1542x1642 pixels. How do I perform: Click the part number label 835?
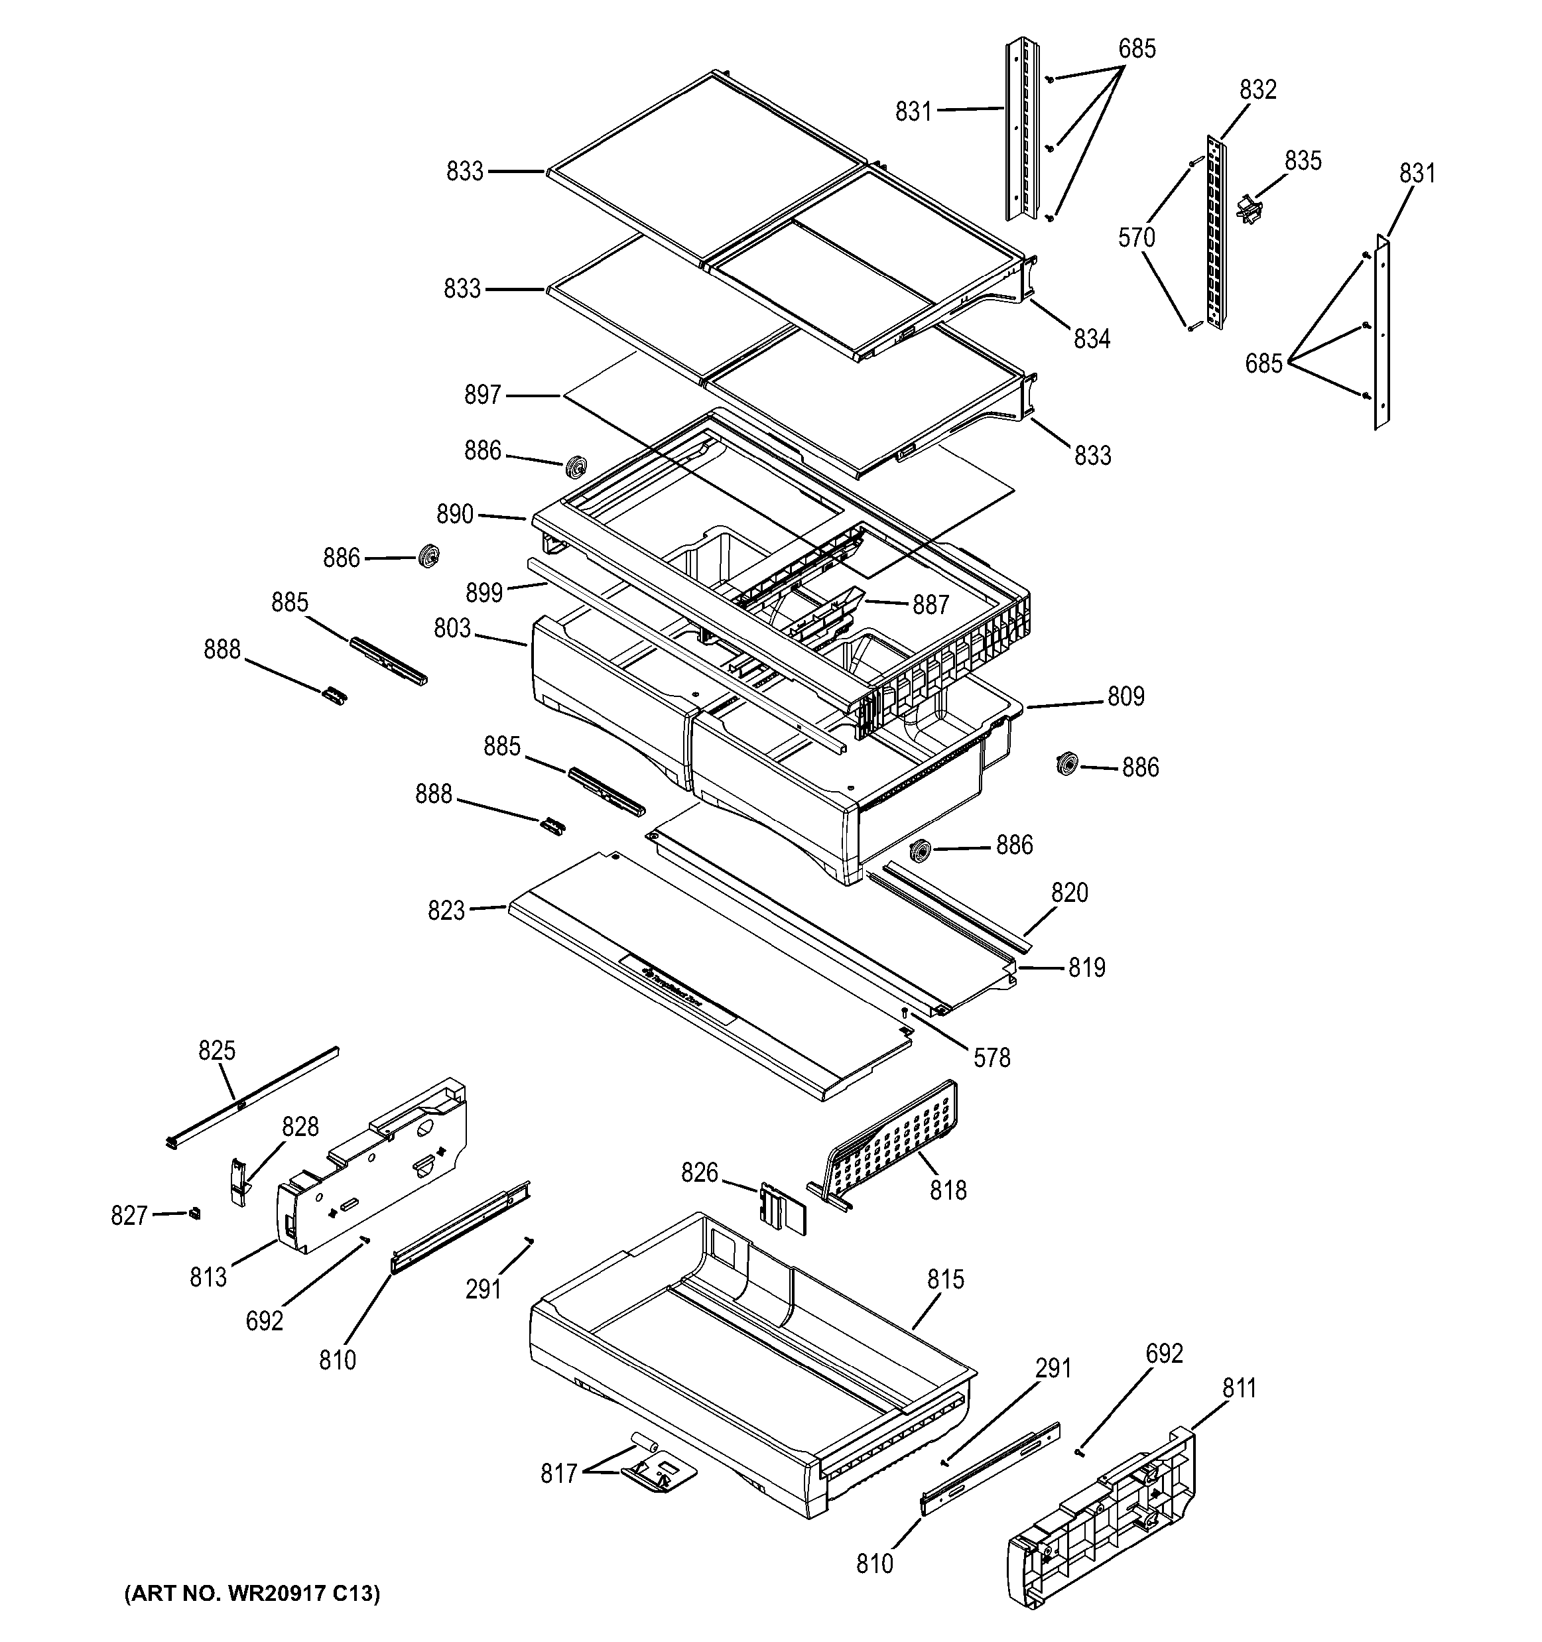(1303, 160)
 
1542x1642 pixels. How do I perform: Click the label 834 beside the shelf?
(1091, 339)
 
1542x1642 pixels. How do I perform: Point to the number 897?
(482, 395)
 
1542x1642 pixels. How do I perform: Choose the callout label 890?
(455, 515)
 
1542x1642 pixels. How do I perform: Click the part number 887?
(930, 605)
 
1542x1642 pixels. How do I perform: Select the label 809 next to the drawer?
(1125, 696)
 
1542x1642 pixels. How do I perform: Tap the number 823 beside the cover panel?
(446, 911)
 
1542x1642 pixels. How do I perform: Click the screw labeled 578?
(905, 1012)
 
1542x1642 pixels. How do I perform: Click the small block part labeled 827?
(195, 1212)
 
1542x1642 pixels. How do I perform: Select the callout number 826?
(699, 1173)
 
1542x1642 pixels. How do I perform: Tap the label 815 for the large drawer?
(945, 1279)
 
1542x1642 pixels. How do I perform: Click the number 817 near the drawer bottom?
(558, 1474)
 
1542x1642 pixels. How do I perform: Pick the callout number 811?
(1239, 1389)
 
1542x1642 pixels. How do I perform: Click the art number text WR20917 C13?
(252, 1594)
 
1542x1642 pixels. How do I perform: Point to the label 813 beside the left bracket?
(208, 1278)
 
